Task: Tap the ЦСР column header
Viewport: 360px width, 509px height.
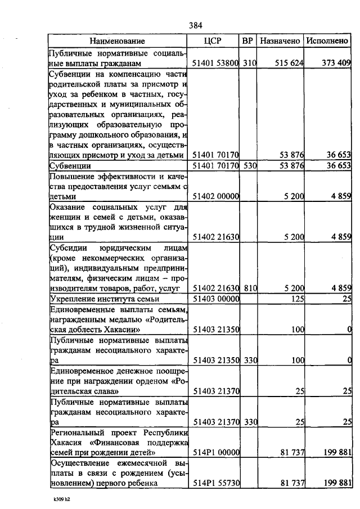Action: pyautogui.click(x=216, y=41)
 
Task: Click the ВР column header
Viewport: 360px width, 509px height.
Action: pyautogui.click(x=247, y=41)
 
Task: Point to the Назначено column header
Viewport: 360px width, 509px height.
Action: pyautogui.click(x=280, y=41)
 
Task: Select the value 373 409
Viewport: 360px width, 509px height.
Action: pyautogui.click(x=336, y=64)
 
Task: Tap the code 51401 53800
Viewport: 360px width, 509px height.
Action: pyautogui.click(x=216, y=64)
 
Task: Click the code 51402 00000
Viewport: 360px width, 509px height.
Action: pyautogui.click(x=216, y=196)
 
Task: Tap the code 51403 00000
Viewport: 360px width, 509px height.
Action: pyautogui.click(x=216, y=298)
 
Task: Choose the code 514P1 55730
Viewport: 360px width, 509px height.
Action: pyautogui.click(x=216, y=483)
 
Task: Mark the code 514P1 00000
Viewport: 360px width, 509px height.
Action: pyautogui.click(x=216, y=451)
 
